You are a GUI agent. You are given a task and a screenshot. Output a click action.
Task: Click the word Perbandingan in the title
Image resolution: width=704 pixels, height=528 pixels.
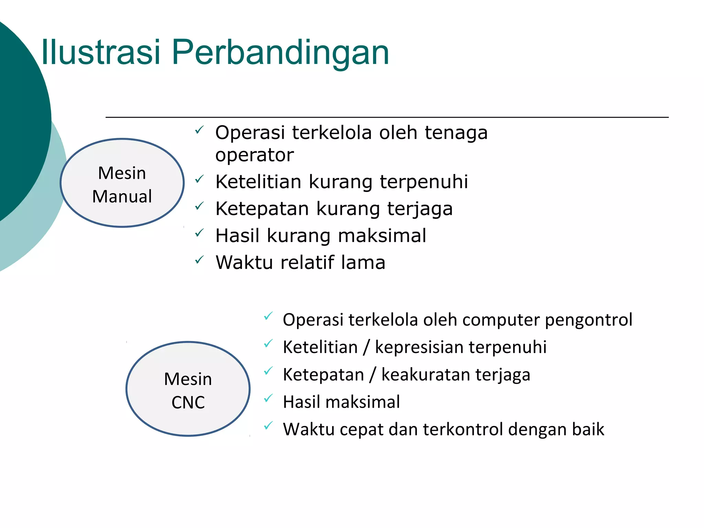(280, 52)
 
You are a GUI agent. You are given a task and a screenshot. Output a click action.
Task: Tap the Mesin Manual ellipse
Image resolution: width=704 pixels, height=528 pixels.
(122, 183)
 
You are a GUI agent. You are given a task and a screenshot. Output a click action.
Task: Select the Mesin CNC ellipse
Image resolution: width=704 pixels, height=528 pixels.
(188, 389)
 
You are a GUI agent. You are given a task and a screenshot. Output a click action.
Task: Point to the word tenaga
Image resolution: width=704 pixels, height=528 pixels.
(456, 133)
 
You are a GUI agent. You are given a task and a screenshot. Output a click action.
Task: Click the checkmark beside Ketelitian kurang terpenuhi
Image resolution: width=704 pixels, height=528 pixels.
(199, 179)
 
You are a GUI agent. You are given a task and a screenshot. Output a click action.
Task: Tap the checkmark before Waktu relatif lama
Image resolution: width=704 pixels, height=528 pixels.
(199, 260)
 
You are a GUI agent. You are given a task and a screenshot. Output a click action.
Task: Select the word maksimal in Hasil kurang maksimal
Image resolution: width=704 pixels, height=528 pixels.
(382, 236)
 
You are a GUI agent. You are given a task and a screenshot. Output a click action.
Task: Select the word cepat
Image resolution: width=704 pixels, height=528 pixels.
(361, 430)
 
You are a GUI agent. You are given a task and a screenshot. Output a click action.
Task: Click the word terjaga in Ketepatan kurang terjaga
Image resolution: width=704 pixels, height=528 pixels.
(420, 209)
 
